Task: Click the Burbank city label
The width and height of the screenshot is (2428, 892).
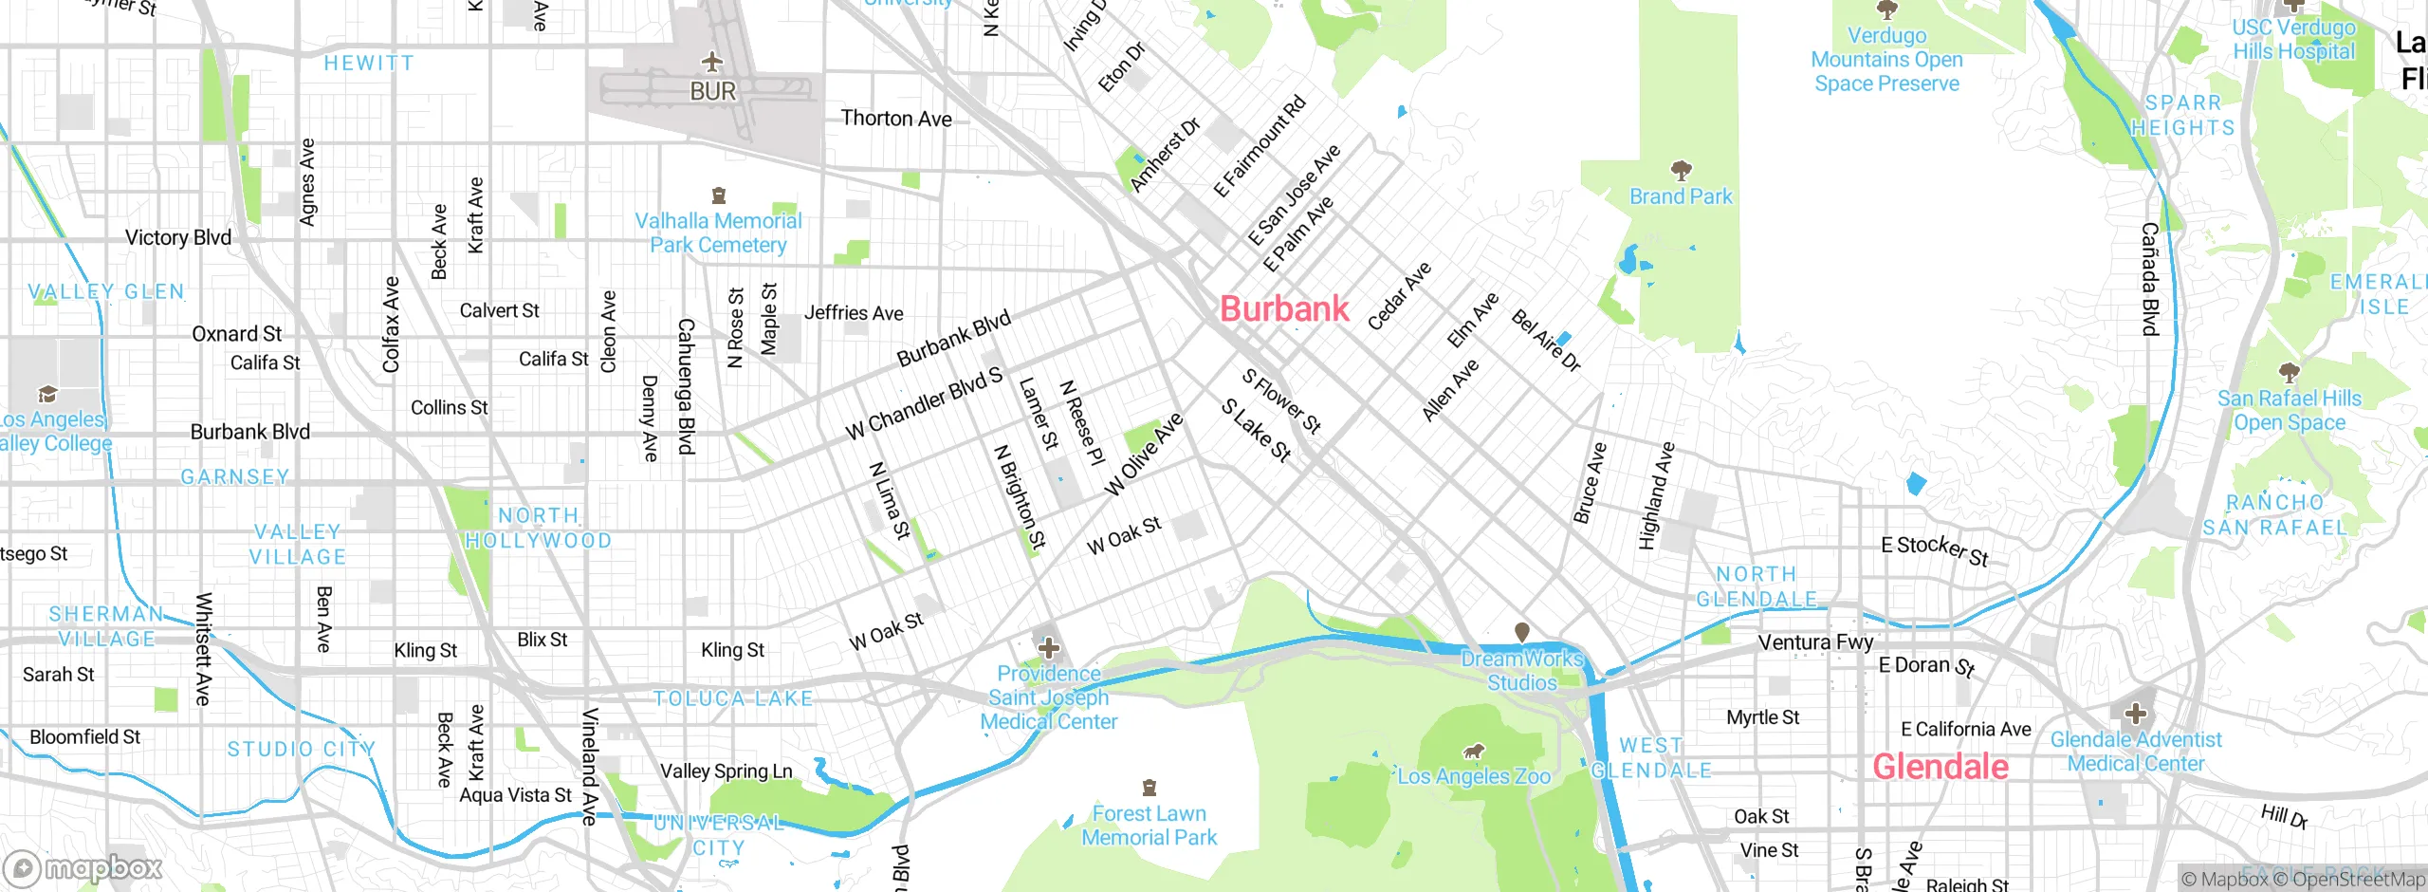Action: (x=1284, y=309)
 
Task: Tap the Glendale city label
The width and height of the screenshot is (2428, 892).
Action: (x=1940, y=767)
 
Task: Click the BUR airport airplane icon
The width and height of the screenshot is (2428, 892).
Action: (x=712, y=63)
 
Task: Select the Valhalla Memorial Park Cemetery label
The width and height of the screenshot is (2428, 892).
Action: (x=718, y=233)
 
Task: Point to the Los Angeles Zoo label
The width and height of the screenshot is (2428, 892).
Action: (x=1474, y=777)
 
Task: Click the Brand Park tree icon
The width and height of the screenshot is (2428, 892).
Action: (x=1681, y=172)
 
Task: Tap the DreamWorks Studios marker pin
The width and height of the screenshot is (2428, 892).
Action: (x=1521, y=632)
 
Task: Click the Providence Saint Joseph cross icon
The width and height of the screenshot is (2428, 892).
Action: (x=1049, y=649)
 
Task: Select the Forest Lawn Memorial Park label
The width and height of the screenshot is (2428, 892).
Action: (x=1149, y=826)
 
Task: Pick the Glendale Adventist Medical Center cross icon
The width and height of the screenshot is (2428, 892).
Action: (x=2135, y=714)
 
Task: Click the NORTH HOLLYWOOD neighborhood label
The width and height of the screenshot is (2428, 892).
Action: (x=538, y=529)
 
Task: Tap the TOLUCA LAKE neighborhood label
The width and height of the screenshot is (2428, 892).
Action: (x=733, y=699)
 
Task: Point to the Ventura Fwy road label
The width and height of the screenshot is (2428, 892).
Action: (x=1815, y=642)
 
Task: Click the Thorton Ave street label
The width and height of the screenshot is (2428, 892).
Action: (x=896, y=120)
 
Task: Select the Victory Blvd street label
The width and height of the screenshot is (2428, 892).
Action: (x=178, y=238)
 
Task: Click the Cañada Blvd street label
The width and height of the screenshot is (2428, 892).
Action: (x=2150, y=279)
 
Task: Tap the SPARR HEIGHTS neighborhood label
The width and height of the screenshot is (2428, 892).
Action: (x=2182, y=116)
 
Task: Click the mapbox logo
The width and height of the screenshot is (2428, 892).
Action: (x=83, y=867)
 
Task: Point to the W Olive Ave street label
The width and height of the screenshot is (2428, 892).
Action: (x=1144, y=455)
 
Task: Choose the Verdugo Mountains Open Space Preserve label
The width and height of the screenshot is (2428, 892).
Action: (x=1886, y=60)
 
